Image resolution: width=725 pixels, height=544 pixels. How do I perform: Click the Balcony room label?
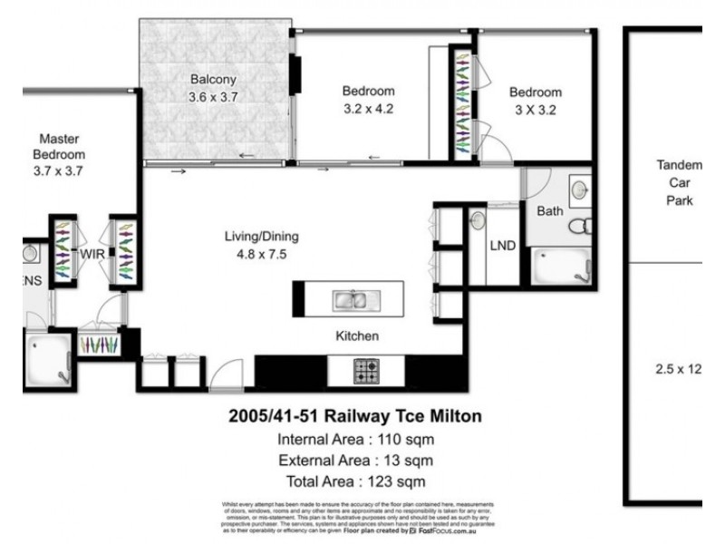pos(213,78)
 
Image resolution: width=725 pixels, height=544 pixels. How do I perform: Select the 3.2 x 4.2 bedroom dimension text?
pos(368,109)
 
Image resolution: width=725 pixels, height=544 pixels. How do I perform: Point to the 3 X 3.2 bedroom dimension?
pos(535,111)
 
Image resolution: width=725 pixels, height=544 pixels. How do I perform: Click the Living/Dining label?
pos(262,237)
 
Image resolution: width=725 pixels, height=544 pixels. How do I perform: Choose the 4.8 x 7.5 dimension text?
pos(262,254)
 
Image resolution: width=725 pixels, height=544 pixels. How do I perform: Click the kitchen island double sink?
pos(349,296)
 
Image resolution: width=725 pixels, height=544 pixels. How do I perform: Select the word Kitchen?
pos(357,336)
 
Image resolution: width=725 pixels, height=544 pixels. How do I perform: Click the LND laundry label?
pos(503,246)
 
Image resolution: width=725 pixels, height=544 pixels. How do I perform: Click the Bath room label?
pos(550,211)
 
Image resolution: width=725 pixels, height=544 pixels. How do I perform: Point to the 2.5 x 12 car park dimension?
pos(679,369)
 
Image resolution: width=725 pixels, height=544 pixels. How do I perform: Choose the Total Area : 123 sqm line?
pos(353,481)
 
